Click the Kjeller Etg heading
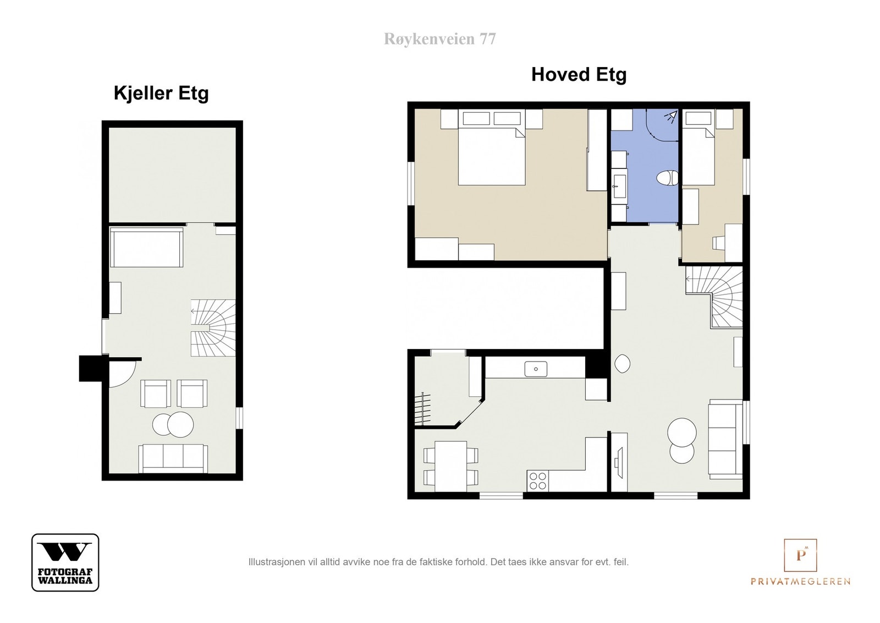pos(161,94)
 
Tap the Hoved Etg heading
pos(579,75)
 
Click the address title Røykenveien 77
pos(439,39)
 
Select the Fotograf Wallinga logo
pos(65,562)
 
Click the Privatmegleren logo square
pos(800,555)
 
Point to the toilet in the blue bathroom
pos(667,178)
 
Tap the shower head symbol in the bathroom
pos(672,117)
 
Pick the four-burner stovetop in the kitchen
pos(538,480)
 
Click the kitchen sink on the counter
pos(536,369)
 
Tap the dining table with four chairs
pos(450,466)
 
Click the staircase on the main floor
pos(714,297)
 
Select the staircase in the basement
pos(213,328)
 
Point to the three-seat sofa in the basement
pos(173,458)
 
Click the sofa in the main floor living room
pos(725,439)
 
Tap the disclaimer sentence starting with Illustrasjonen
pos(438,562)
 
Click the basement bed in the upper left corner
pos(146,247)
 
